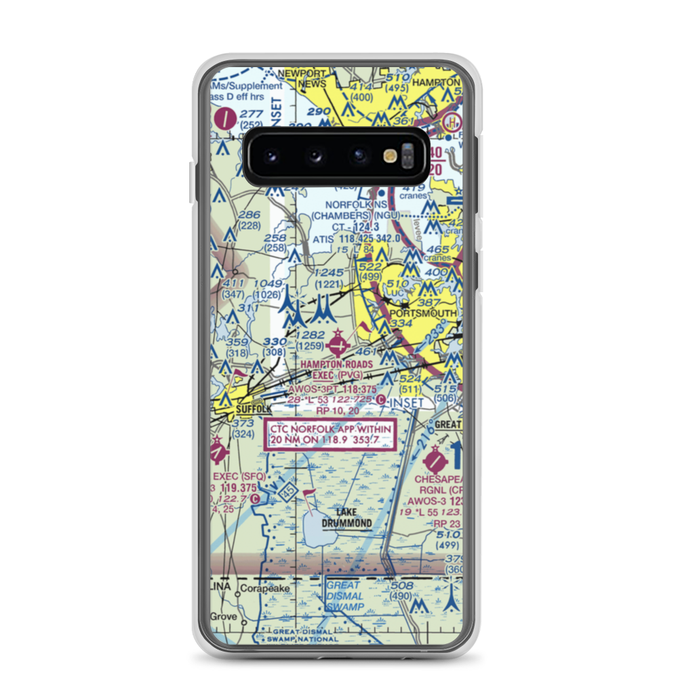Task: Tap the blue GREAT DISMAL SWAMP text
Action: (x=344, y=596)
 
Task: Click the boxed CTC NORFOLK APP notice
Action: (x=330, y=435)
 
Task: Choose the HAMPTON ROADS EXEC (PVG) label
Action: (x=337, y=369)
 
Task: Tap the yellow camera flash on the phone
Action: (x=390, y=155)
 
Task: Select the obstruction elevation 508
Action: (x=402, y=586)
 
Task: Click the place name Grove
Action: (x=224, y=617)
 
